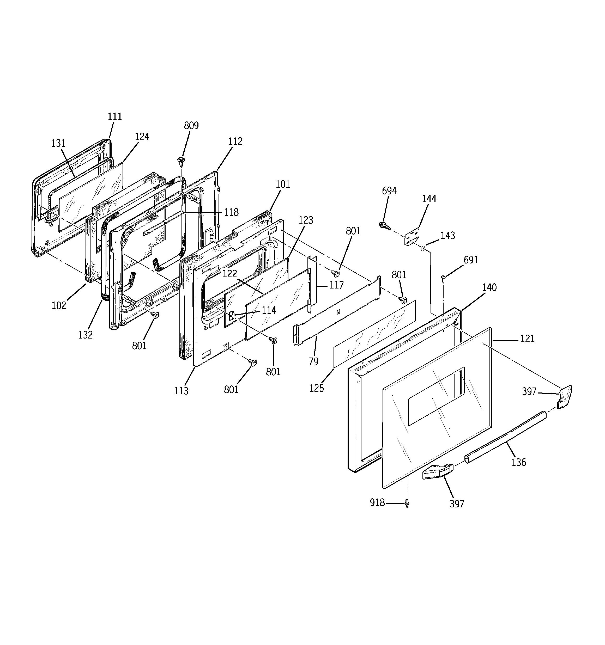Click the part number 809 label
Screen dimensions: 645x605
coord(191,126)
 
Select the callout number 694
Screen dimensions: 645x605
coord(389,191)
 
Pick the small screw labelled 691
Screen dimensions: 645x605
coord(443,278)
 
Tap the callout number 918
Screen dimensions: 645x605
coord(377,502)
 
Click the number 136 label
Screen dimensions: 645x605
coord(518,462)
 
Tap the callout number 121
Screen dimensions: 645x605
coord(527,339)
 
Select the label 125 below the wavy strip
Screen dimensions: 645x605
coord(316,388)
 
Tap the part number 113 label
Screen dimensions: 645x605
coord(181,391)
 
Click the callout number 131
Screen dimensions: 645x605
coord(58,143)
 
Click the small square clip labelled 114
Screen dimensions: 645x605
coord(232,315)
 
